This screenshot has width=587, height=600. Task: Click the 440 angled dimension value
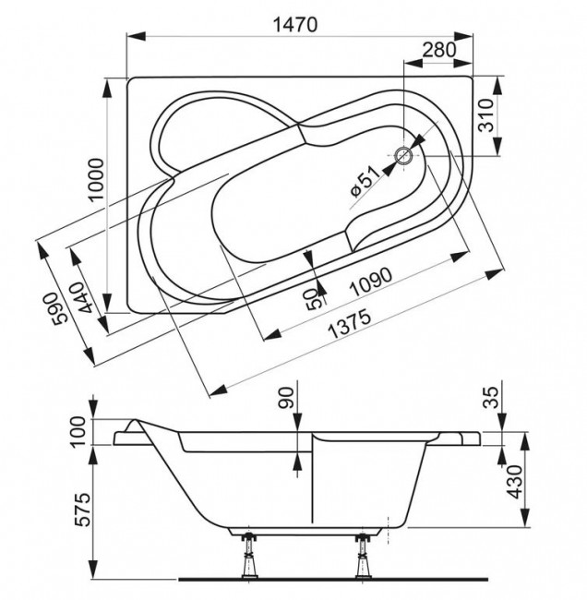(85, 301)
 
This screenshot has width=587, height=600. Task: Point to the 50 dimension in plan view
(314, 297)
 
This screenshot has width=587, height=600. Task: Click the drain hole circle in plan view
(404, 156)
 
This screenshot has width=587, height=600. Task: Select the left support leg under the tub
(248, 554)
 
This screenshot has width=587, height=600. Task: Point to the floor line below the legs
(305, 580)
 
